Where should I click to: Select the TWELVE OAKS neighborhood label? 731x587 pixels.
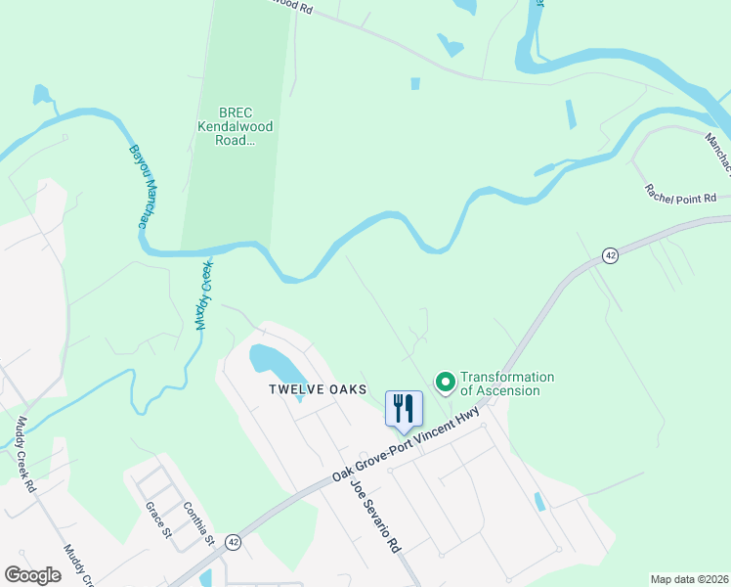pyautogui.click(x=318, y=389)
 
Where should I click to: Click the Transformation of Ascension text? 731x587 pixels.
pyautogui.click(x=507, y=384)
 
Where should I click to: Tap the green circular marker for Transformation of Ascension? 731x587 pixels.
pyautogui.click(x=445, y=382)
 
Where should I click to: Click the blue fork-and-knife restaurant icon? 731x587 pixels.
pyautogui.click(x=404, y=409)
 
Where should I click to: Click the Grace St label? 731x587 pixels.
pyautogui.click(x=158, y=520)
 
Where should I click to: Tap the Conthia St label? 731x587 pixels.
pyautogui.click(x=198, y=524)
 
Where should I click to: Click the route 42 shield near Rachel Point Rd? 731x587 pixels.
pyautogui.click(x=610, y=255)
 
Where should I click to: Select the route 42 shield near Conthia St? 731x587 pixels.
pyautogui.click(x=233, y=540)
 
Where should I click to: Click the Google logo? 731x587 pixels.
pyautogui.click(x=33, y=575)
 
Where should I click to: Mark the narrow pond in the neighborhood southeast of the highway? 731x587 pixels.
pyautogui.click(x=540, y=502)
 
